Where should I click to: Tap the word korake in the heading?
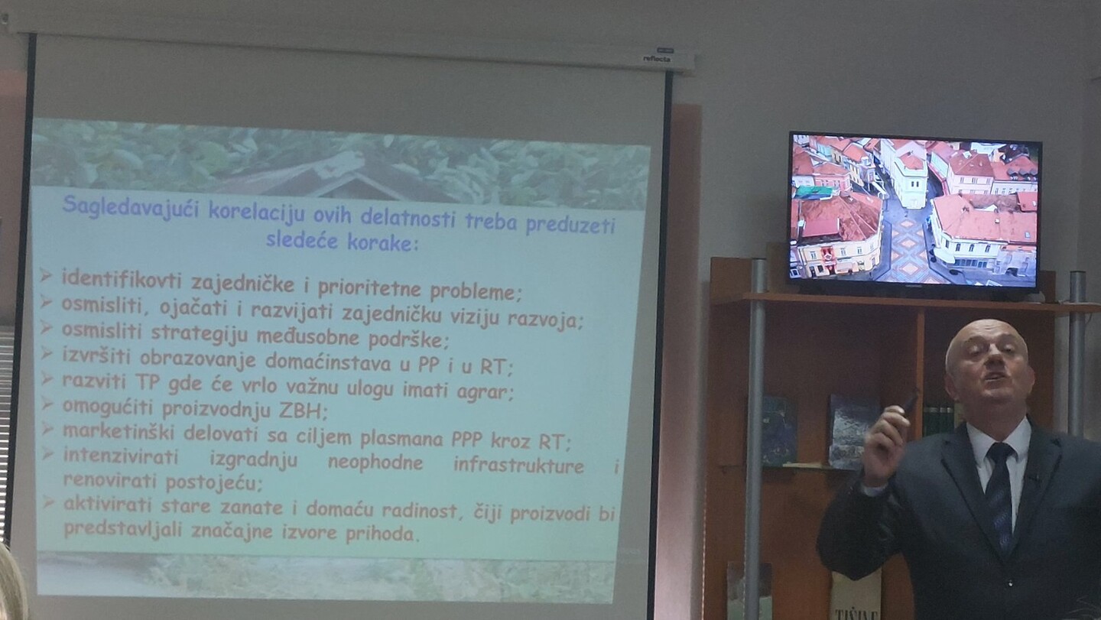point(382,243)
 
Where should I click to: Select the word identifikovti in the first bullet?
point(122,278)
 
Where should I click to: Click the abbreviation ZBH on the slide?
point(300,411)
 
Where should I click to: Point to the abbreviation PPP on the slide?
point(466,440)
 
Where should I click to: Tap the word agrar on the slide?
point(485,391)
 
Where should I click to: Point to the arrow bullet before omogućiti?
point(47,404)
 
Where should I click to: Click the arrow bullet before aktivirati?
point(48,502)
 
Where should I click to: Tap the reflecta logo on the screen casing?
point(657,58)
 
